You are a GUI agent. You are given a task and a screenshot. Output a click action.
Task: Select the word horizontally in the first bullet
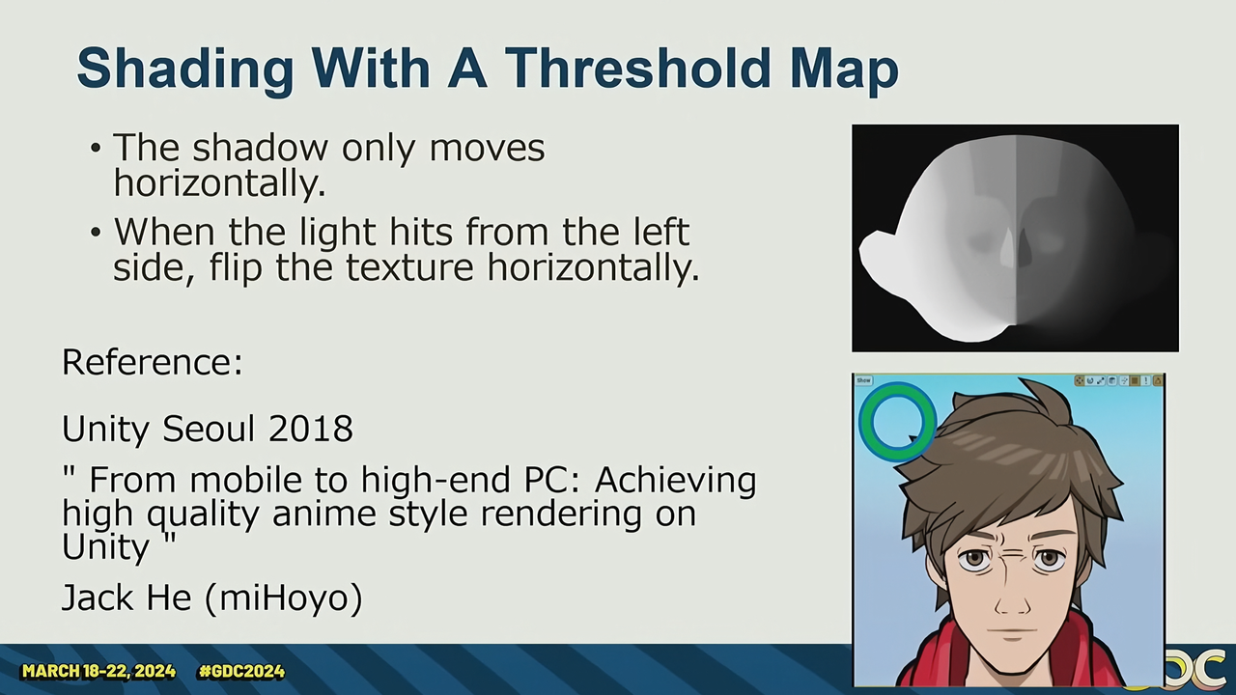point(219,182)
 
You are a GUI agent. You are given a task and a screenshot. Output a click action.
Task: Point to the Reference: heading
point(153,362)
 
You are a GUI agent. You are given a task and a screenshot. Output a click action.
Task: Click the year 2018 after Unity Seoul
point(311,429)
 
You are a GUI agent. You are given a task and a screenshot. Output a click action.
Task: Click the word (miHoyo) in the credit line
point(284,598)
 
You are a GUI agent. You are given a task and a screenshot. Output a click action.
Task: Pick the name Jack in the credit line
point(95,598)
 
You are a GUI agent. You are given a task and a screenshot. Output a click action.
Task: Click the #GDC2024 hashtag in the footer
point(241,671)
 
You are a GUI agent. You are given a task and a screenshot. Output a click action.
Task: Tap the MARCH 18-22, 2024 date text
point(98,671)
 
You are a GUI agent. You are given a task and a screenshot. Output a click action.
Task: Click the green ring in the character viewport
point(865,422)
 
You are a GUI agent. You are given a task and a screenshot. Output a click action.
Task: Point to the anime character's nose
point(1012,602)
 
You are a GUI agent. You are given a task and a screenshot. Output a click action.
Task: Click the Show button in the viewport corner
point(864,380)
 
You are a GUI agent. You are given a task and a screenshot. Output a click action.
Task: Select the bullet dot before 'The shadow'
point(96,148)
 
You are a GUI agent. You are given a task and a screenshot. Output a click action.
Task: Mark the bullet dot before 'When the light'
point(96,233)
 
